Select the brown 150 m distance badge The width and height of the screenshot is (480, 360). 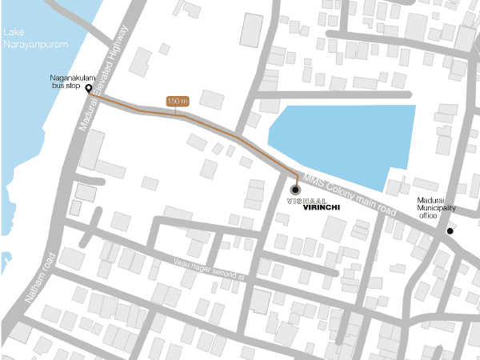click(177, 102)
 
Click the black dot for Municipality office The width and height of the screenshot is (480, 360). click(450, 231)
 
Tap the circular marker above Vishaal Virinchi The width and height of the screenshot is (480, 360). click(295, 190)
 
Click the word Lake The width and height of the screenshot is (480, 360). click(14, 32)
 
